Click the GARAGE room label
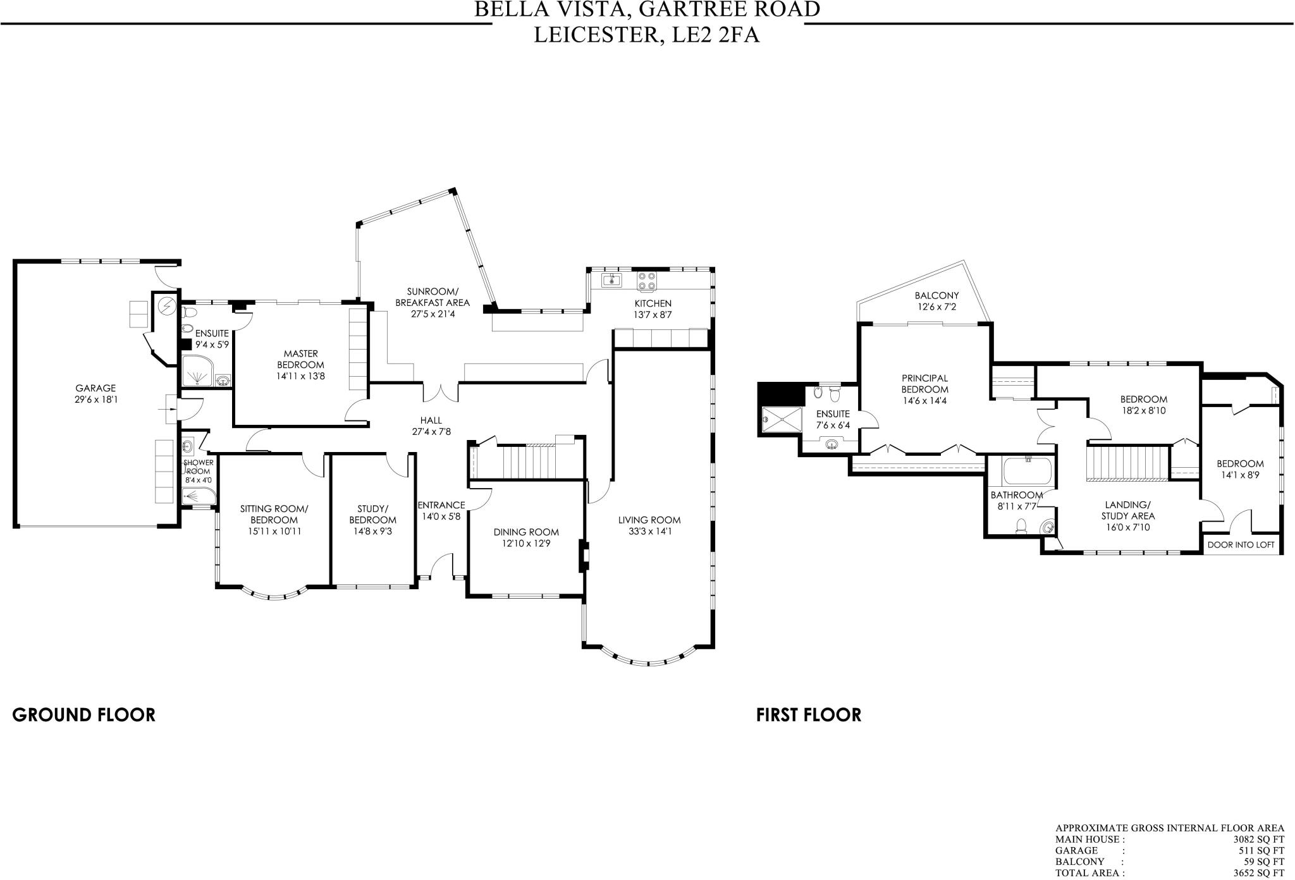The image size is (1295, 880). tap(95, 388)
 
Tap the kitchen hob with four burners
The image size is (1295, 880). tap(646, 280)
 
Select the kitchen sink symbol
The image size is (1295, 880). tap(611, 280)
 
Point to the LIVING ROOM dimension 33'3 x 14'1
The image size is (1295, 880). tap(649, 531)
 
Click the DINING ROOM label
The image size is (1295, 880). tap(526, 532)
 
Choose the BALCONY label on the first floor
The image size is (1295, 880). tap(936, 295)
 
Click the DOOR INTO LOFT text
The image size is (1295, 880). tap(1241, 544)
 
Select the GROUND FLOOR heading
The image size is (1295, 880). tap(83, 715)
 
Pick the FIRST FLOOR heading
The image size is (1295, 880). tap(808, 715)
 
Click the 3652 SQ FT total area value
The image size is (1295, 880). tap(1258, 873)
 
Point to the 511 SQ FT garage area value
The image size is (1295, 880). tap(1262, 851)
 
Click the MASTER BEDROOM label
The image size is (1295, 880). tap(300, 359)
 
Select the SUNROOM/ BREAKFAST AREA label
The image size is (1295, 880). tap(433, 296)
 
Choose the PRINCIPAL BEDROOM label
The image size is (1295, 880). tap(924, 384)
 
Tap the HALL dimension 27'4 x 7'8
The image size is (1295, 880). tap(431, 432)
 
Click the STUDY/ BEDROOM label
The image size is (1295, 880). tap(372, 515)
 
